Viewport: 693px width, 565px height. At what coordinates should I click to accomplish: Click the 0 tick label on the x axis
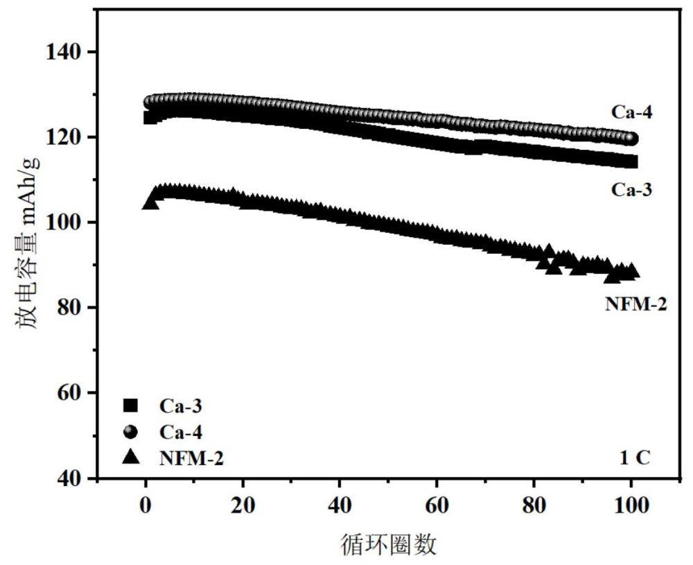146,506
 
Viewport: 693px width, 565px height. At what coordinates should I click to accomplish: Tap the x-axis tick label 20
243,506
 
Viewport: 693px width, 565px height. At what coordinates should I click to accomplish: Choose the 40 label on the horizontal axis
340,506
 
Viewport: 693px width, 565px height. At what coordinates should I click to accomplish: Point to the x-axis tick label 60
437,506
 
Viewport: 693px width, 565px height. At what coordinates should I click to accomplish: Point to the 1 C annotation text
634,458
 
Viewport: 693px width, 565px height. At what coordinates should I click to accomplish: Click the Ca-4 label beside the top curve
631,111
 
